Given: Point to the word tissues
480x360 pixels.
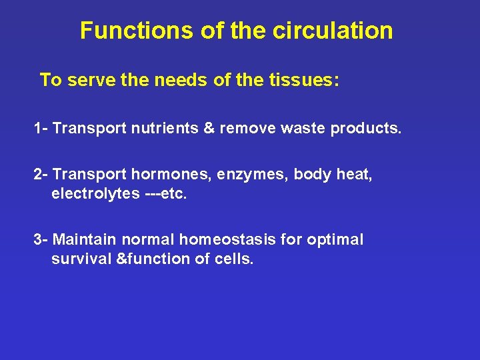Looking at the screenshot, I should click(305, 81).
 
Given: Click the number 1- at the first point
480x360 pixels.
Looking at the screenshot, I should click(41, 128).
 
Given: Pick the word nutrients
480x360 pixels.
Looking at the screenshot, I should click(161, 128).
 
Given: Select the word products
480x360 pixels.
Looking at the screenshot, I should click(366, 128).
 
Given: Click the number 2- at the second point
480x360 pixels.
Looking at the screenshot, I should click(41, 175).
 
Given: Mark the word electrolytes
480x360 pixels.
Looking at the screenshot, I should click(96, 194).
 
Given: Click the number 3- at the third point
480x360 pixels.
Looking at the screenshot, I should click(41, 239).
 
